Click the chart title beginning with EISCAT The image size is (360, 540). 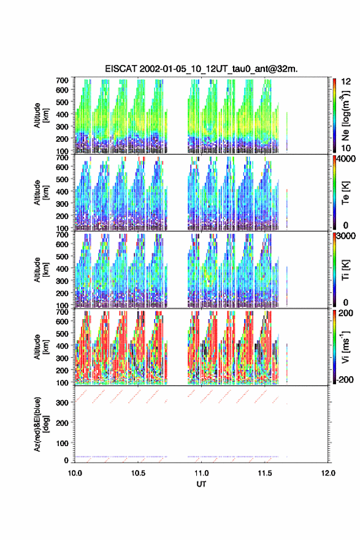201,69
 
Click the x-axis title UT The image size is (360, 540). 201,484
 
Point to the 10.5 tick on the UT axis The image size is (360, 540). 138,473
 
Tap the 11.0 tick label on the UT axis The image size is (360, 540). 201,473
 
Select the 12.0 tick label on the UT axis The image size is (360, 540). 328,473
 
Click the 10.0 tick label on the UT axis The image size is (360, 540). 75,473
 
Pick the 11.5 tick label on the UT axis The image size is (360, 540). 265,473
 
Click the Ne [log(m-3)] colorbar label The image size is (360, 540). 346,116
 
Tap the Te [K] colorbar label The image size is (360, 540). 345,193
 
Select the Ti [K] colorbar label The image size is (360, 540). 345,270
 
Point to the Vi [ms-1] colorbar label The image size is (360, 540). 346,347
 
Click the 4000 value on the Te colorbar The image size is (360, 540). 346,159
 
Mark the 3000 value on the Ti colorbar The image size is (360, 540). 346,236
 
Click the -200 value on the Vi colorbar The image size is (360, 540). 343,379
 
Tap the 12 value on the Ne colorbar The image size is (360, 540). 346,82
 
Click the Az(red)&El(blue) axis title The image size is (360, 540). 41,424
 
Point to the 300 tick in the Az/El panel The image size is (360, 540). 63,403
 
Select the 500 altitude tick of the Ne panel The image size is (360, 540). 63,102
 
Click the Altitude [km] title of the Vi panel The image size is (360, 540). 41,347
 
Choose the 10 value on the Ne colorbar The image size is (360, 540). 346,148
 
